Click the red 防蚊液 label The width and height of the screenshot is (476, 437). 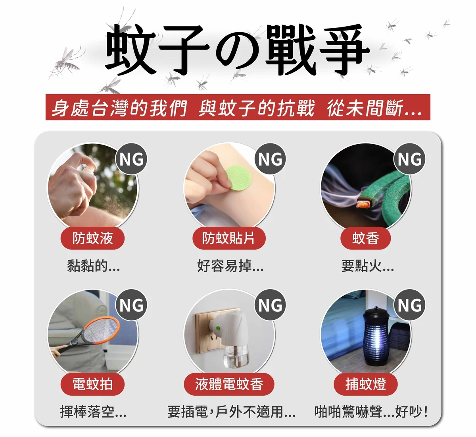92,238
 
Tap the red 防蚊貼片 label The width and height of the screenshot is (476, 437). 229,238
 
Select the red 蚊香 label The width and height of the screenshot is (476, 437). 365,238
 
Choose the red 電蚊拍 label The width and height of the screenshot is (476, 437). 92,384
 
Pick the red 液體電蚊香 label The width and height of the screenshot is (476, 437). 229,384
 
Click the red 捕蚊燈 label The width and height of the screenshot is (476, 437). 365,384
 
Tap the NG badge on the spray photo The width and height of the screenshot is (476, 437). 131,159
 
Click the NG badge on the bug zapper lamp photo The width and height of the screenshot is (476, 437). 409,305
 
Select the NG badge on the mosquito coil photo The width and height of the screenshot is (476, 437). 409,159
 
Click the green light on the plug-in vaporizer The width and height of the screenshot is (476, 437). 218,328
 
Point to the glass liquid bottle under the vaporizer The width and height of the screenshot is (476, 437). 235,355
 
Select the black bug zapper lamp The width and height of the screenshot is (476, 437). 376,336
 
